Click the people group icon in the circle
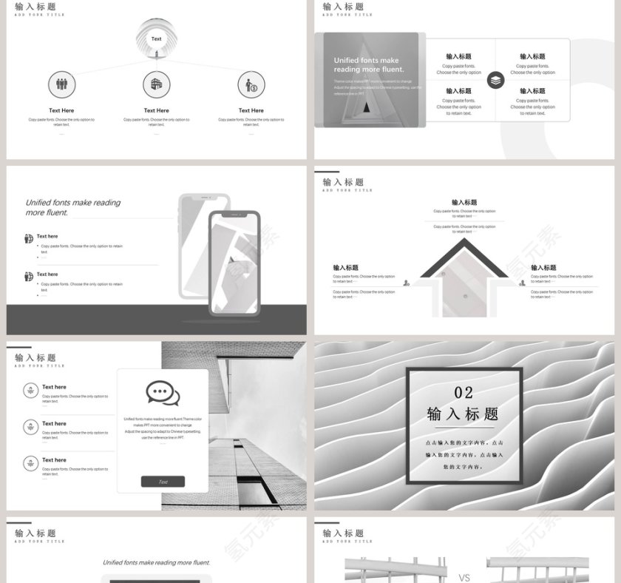62,84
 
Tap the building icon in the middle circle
156,84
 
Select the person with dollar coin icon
251,85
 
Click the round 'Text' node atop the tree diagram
156,38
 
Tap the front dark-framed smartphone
234,263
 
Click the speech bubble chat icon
163,393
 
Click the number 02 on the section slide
464,392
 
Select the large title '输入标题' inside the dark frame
464,414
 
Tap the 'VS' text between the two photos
465,578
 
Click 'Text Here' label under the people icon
62,110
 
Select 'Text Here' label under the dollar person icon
251,110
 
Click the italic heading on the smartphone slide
73,207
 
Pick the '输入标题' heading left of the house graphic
345,268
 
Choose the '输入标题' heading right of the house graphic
543,268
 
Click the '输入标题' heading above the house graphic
464,202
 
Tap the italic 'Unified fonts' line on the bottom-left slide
156,562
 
